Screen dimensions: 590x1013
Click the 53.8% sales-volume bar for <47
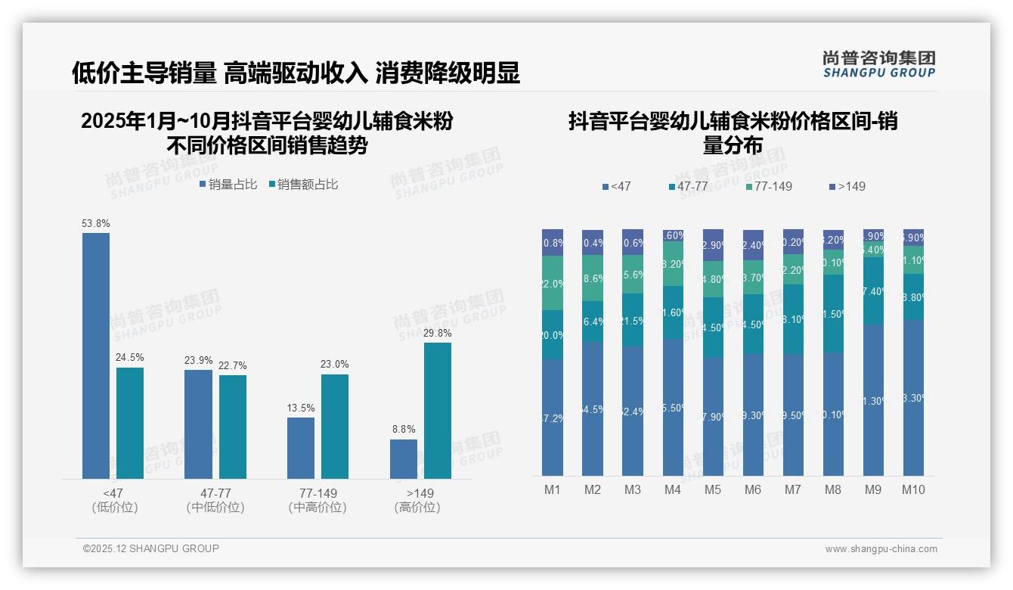point(96,356)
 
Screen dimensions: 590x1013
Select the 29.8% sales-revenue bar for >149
point(438,411)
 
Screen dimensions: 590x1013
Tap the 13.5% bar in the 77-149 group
point(301,448)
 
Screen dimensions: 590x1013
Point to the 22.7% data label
point(233,366)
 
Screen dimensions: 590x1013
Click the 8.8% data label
point(404,430)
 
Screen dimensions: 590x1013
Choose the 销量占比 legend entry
point(228,185)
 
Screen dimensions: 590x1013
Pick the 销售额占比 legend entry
point(303,185)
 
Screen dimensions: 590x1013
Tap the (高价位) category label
point(417,508)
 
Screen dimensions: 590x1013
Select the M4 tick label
point(673,490)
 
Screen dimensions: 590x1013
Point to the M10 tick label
point(913,490)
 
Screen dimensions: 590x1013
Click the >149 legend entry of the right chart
point(847,186)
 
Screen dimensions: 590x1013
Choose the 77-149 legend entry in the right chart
point(769,186)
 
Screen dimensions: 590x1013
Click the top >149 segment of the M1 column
point(553,242)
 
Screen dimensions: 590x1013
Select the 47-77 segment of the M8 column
point(833,314)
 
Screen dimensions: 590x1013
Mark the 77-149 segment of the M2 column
point(593,278)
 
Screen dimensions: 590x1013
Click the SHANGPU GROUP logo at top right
point(879,64)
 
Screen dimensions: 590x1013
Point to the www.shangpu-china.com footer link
point(881,549)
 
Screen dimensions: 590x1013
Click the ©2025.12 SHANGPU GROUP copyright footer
point(151,548)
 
